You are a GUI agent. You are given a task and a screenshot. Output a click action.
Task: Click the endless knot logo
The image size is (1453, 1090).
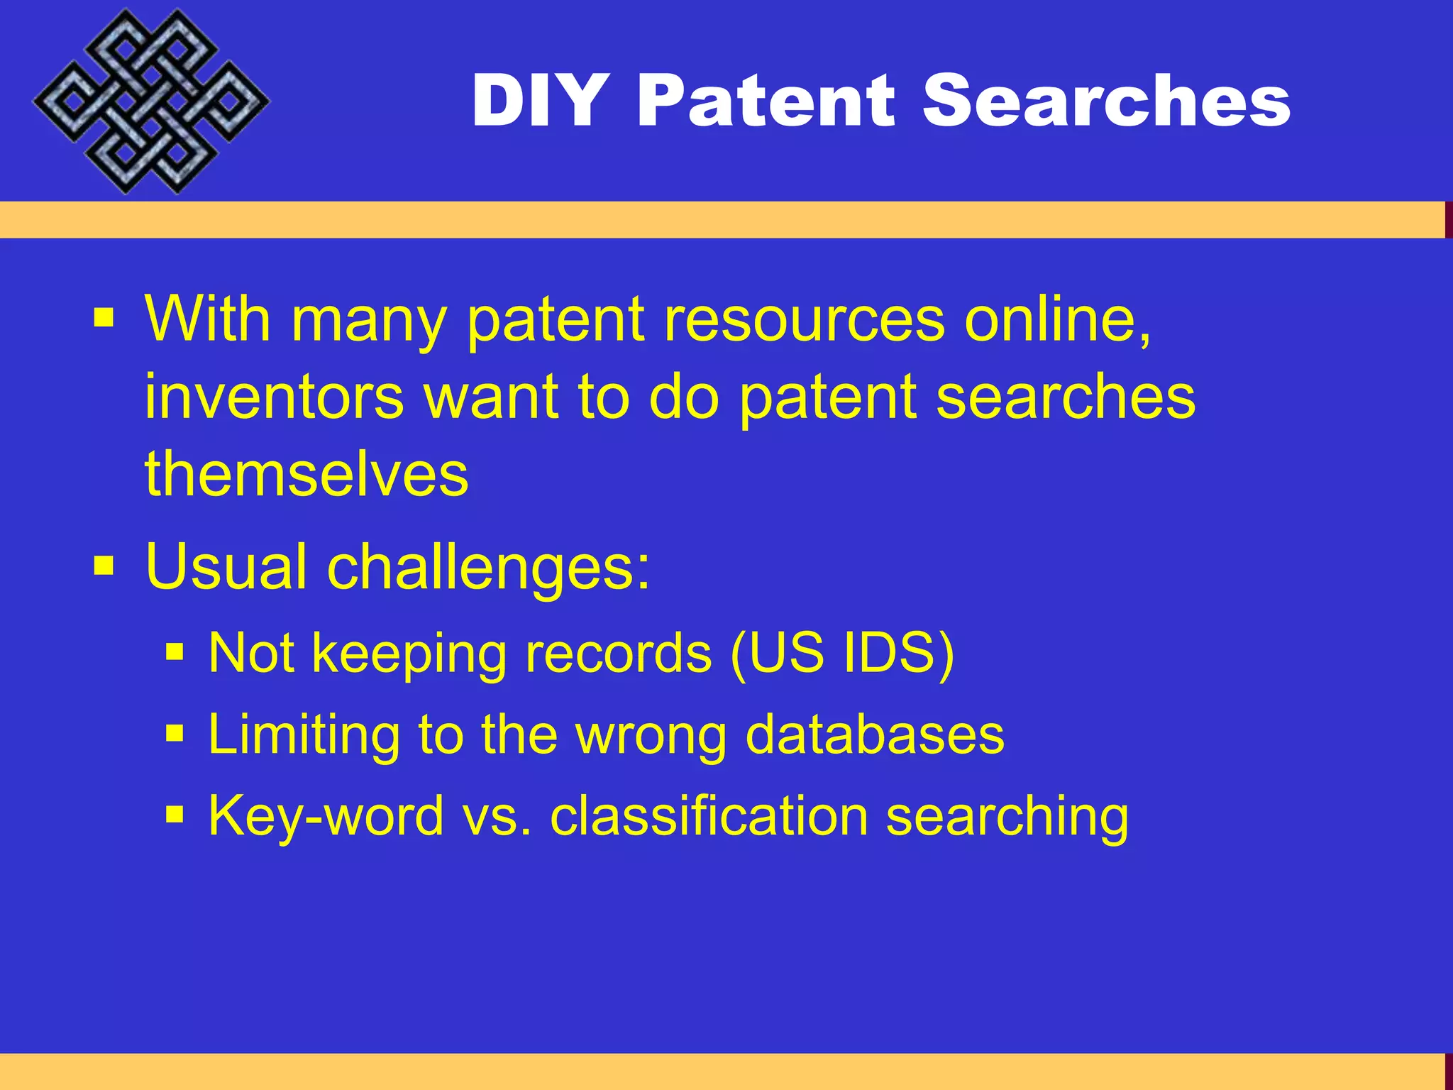click(150, 101)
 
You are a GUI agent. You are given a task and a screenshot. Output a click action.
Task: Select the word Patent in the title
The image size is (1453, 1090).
click(766, 101)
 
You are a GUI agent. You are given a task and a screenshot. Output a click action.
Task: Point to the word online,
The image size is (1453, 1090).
click(1057, 319)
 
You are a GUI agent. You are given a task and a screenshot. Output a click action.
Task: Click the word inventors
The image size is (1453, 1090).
click(274, 397)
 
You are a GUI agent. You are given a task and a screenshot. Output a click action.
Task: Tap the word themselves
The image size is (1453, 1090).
click(306, 474)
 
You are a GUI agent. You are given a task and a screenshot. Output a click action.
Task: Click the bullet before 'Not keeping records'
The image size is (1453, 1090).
click(175, 651)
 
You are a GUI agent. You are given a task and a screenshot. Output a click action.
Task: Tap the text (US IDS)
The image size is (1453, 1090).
click(842, 653)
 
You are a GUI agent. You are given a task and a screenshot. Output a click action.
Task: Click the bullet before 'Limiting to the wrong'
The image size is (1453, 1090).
click(175, 732)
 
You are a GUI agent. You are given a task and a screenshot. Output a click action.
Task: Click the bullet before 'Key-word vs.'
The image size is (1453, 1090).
click(175, 814)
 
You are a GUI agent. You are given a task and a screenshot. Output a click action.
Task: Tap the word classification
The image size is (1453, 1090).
click(709, 816)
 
